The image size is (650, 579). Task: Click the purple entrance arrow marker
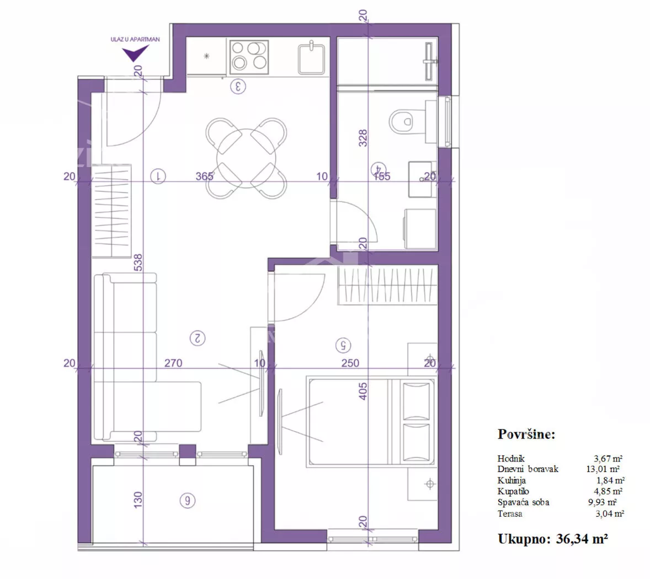[x=134, y=52]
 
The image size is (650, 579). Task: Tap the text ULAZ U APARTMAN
[x=135, y=39]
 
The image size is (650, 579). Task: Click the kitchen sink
[x=311, y=58]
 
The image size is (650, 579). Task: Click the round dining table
[x=246, y=158]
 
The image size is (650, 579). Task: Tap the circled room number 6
[x=188, y=501]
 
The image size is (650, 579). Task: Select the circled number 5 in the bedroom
[x=343, y=345]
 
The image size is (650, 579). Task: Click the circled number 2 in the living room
[x=198, y=339]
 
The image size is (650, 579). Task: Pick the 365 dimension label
[x=204, y=176]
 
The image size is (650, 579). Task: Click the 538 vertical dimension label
[x=138, y=262]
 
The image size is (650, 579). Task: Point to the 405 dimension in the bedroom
[x=363, y=392]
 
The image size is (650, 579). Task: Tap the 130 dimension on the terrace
[x=138, y=500]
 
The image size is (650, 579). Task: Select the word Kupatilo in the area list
[x=513, y=491]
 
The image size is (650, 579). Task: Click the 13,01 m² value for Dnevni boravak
[x=603, y=469]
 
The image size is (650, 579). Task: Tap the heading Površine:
[x=526, y=434]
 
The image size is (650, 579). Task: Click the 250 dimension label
[x=350, y=363]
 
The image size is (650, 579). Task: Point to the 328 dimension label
[x=363, y=138]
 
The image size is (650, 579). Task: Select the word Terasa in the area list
[x=510, y=513]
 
